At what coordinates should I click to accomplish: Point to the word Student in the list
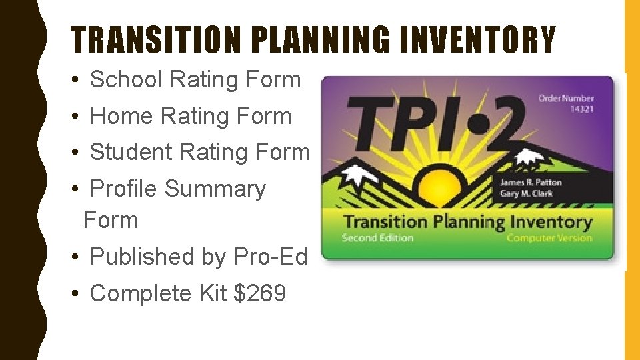click(131, 152)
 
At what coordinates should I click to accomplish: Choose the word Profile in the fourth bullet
click(123, 189)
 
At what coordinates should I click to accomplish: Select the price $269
click(260, 293)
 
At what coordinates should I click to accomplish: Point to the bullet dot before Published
click(77, 257)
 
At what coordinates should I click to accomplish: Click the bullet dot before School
click(77, 80)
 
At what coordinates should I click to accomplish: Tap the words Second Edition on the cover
click(377, 238)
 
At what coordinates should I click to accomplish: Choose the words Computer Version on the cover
click(549, 238)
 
